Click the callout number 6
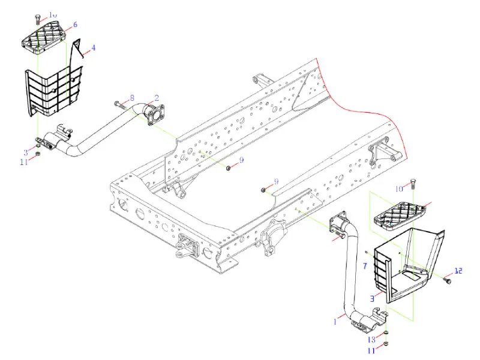[x=75, y=25]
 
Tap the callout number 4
[x=93, y=47]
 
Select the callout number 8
[x=132, y=98]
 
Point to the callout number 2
[x=157, y=97]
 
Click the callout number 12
[x=459, y=271]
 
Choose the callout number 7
[x=364, y=265]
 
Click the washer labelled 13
[x=386, y=334]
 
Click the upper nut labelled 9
[x=229, y=167]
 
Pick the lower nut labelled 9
[x=264, y=190]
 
